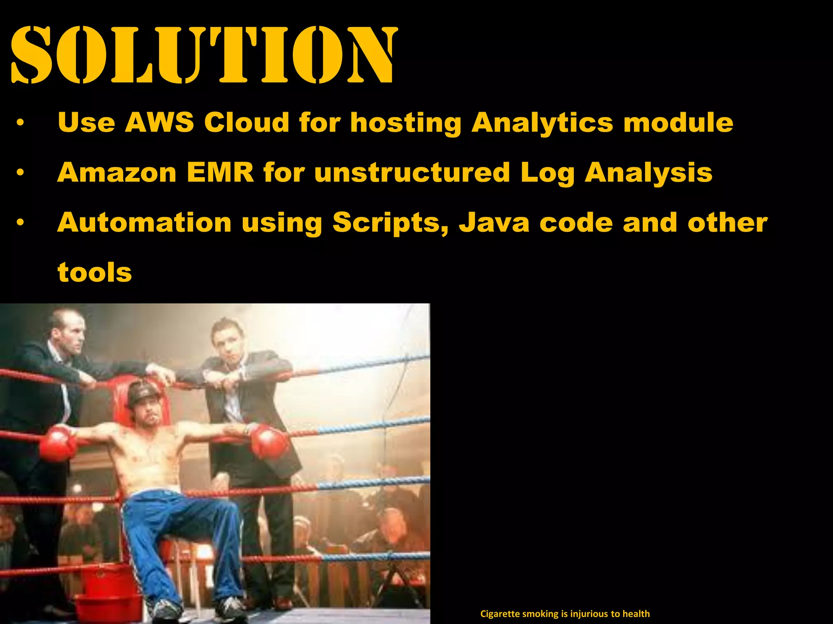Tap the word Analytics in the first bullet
click(542, 123)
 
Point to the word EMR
click(220, 172)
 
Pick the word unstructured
click(412, 172)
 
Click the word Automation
click(144, 223)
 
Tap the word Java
click(494, 223)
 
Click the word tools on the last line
click(95, 272)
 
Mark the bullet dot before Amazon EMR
click(20, 173)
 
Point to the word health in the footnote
click(636, 614)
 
